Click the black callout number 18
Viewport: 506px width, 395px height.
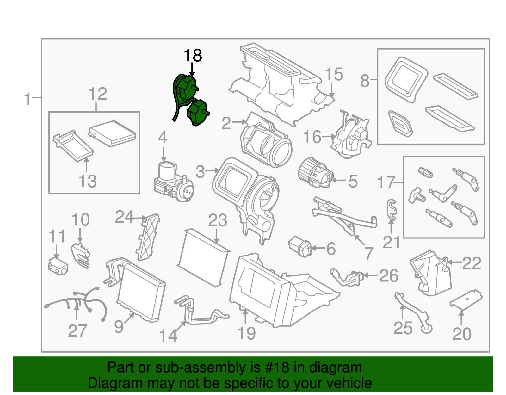(193, 56)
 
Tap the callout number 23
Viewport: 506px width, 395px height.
(218, 220)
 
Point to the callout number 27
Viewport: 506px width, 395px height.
(77, 331)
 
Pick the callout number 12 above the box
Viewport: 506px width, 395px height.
(98, 94)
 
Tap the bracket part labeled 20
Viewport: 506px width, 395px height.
(466, 299)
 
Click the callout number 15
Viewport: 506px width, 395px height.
(334, 75)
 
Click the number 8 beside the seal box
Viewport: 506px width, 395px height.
(365, 81)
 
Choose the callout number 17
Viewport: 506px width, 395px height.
(386, 183)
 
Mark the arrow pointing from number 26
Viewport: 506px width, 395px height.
(370, 275)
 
